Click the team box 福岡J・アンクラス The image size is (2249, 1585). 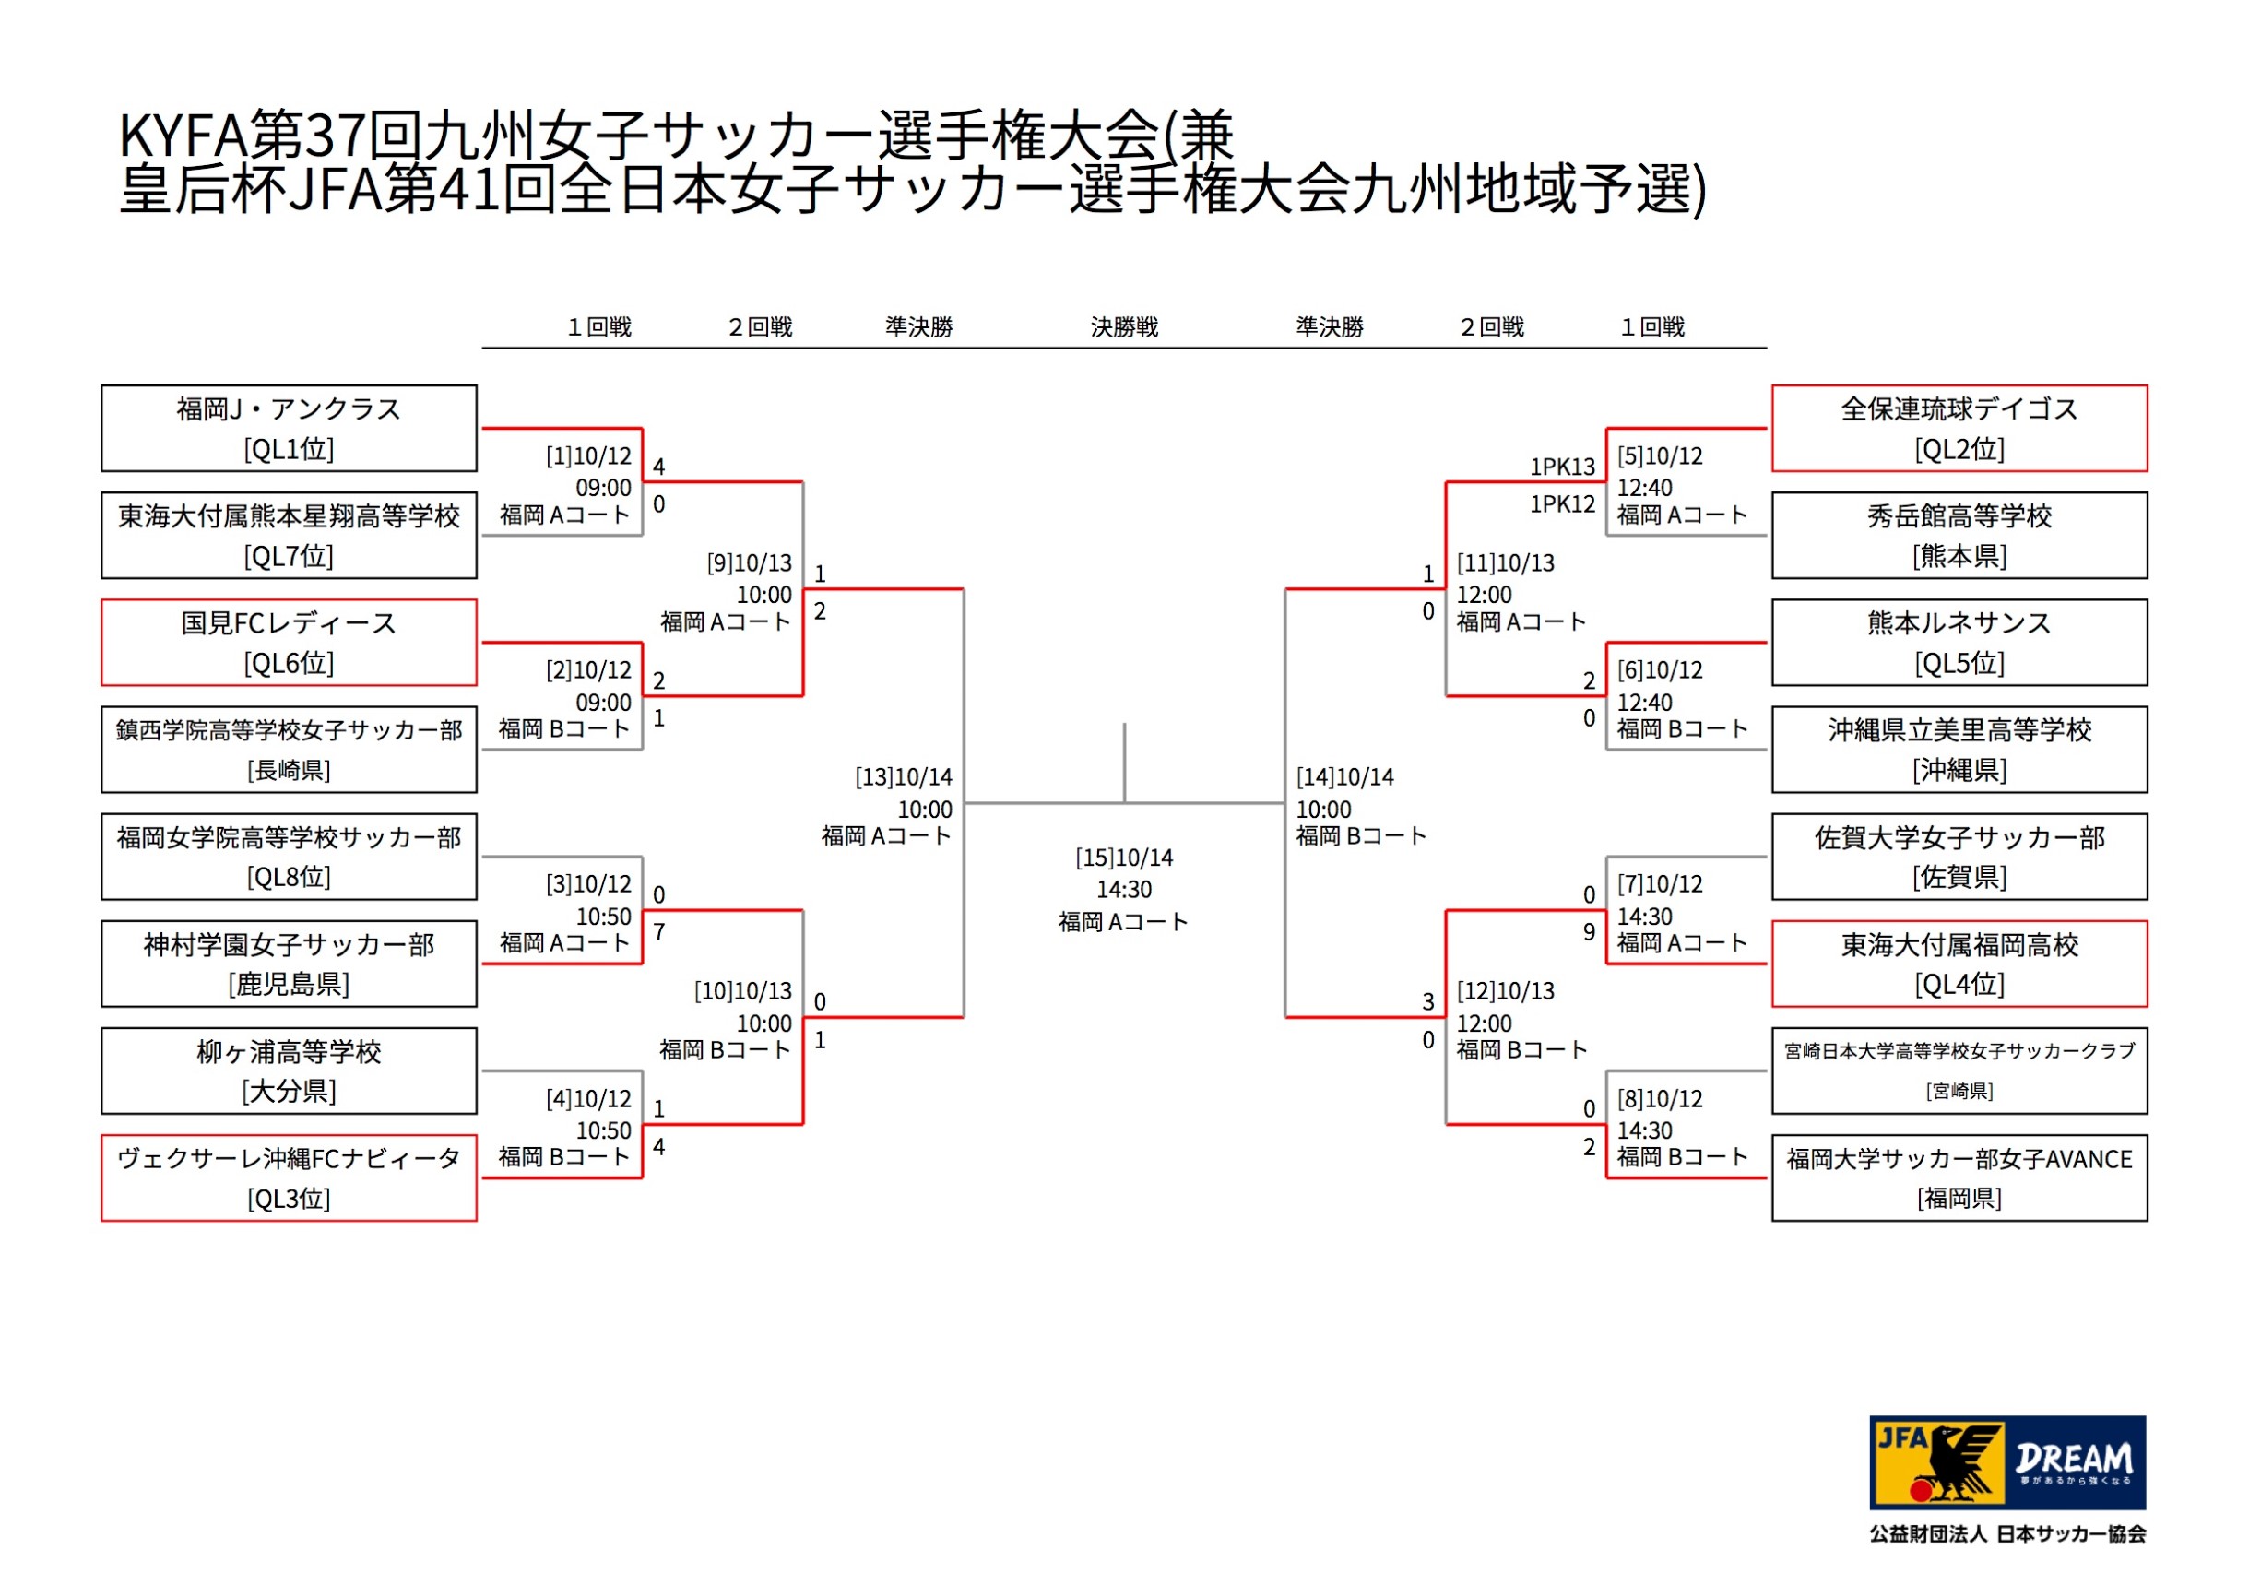point(289,428)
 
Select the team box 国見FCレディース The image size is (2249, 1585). point(289,643)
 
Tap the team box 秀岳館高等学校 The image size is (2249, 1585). point(1960,536)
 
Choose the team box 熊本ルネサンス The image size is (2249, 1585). point(1960,643)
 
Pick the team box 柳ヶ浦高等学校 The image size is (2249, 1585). point(289,1070)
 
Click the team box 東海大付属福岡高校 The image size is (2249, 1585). point(1960,964)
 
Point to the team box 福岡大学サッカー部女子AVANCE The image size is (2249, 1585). point(1960,1177)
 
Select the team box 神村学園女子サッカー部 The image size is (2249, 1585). point(289,964)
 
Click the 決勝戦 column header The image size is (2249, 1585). point(1125,327)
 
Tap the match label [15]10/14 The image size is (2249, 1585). point(1125,858)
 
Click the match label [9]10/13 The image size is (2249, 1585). point(750,563)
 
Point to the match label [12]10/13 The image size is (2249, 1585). point(1506,991)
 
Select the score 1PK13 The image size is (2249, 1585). point(1563,467)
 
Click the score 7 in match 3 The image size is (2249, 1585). point(659,932)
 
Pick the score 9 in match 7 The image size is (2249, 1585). point(1589,932)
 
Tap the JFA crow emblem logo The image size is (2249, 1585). point(1938,1462)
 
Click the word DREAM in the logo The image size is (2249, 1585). point(2075,1459)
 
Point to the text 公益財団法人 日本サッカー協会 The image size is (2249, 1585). point(2008,1534)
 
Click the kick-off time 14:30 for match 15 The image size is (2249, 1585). point(1125,891)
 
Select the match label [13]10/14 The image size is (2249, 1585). point(903,778)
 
